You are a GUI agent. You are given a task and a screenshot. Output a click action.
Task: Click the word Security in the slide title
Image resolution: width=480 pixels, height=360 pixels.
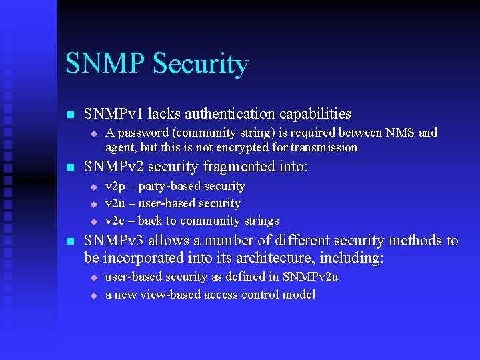201,64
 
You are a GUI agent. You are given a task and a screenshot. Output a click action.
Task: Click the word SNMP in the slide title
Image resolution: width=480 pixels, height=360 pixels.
106,64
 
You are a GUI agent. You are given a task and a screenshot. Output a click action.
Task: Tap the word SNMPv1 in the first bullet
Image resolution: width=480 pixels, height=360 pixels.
110,114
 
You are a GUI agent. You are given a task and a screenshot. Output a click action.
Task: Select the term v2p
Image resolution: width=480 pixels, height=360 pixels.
115,186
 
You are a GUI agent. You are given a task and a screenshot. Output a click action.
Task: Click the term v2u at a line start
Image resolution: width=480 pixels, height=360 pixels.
115,203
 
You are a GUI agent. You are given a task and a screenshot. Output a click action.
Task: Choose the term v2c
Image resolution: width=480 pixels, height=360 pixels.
115,221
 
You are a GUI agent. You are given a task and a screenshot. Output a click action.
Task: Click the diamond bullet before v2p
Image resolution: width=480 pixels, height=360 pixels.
94,187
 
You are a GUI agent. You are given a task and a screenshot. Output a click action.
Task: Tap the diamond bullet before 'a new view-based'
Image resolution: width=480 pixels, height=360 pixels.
94,295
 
